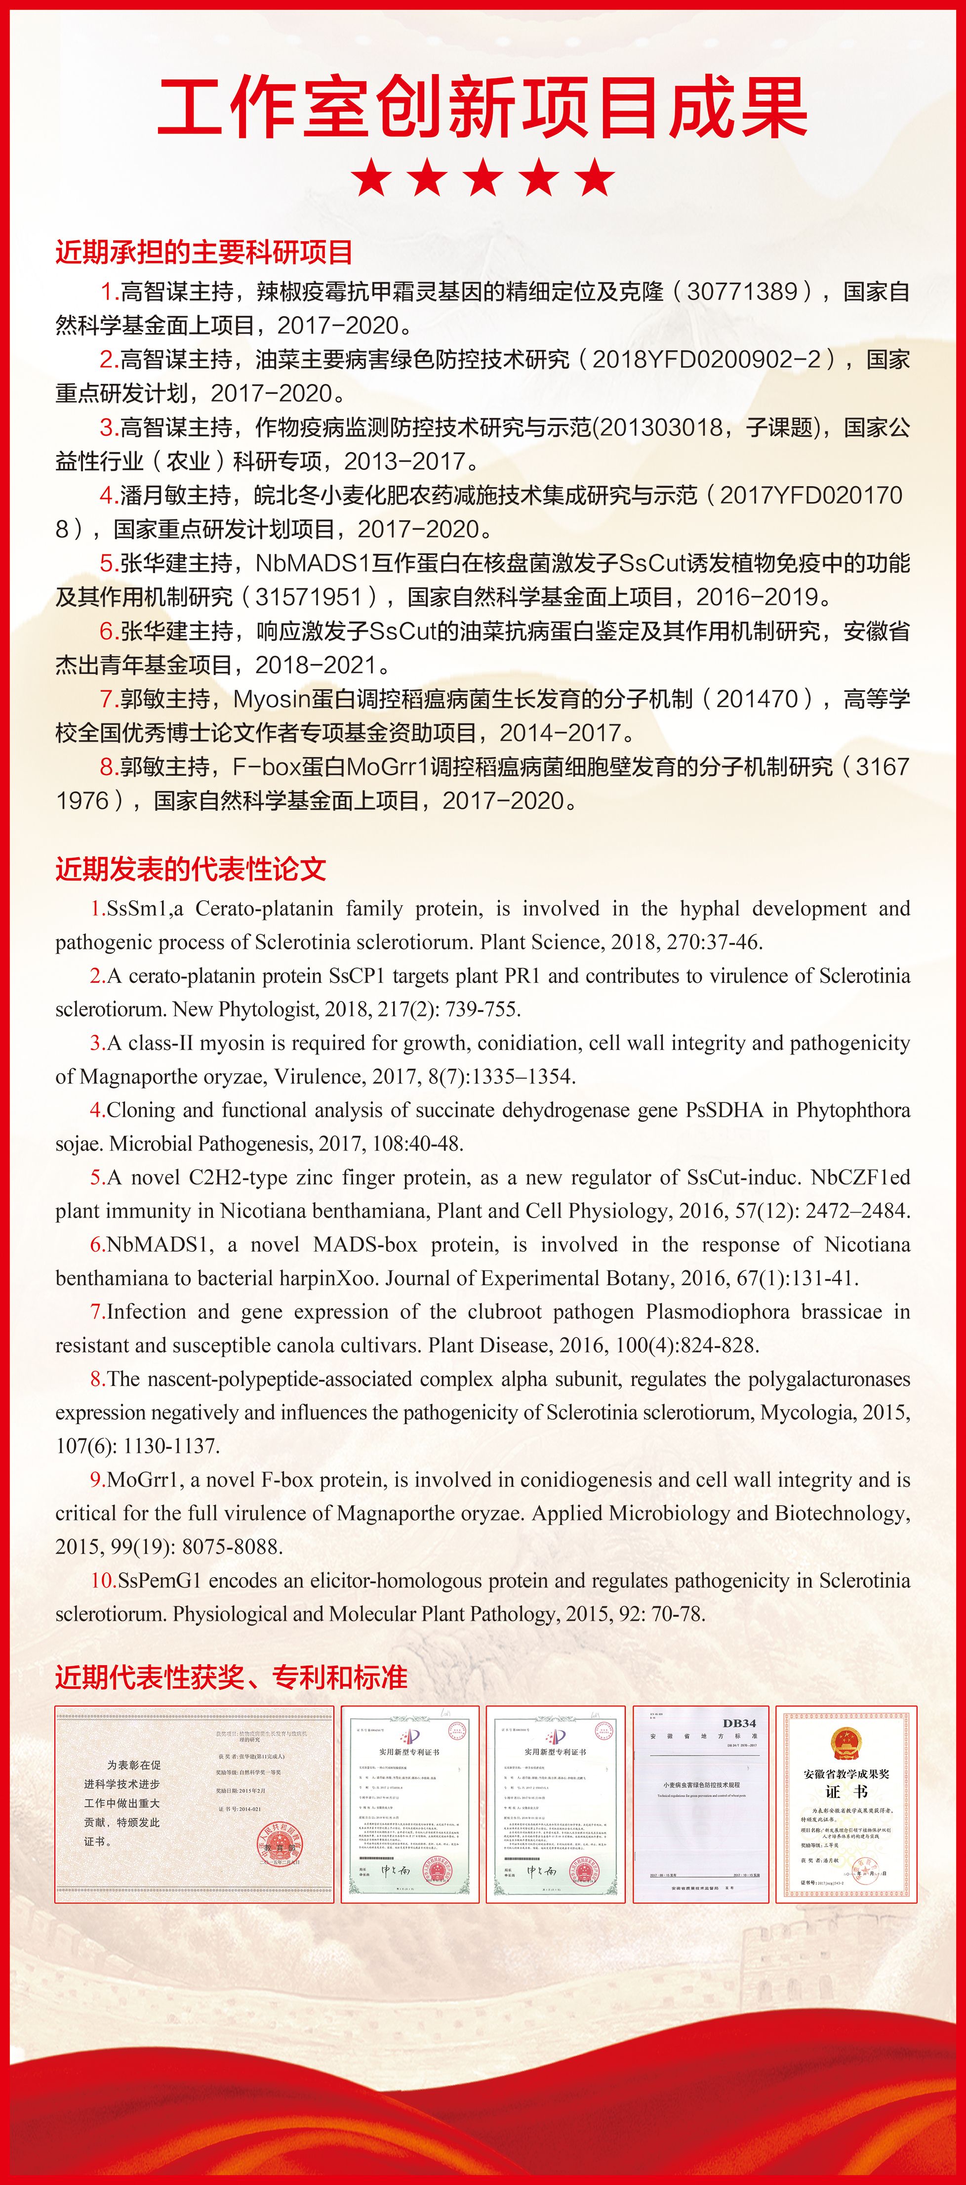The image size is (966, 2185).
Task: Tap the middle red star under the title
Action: (x=483, y=178)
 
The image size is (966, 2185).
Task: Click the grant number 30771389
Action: (x=742, y=292)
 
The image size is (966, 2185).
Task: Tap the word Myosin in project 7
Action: (x=272, y=699)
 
